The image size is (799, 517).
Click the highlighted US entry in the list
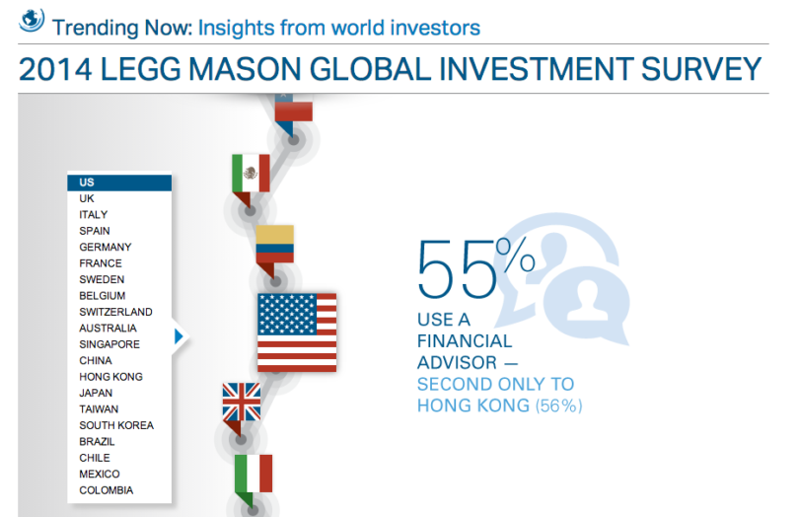tap(119, 183)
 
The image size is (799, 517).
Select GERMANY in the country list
tap(106, 248)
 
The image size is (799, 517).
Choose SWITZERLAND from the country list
tap(115, 312)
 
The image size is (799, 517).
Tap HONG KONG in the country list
tap(111, 377)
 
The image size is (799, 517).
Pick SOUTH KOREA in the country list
tap(116, 425)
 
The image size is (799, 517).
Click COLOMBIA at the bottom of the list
tap(106, 490)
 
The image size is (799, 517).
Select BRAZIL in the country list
tap(97, 442)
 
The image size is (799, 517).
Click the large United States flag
tap(297, 332)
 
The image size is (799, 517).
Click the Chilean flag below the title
tap(294, 109)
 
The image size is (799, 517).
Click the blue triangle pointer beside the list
tap(179, 336)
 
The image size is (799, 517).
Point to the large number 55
tap(457, 269)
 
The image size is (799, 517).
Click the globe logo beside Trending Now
tap(32, 21)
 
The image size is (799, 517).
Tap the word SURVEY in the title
tap(700, 69)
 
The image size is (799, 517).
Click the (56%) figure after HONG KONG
tap(558, 406)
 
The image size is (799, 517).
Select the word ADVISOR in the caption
tap(457, 362)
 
